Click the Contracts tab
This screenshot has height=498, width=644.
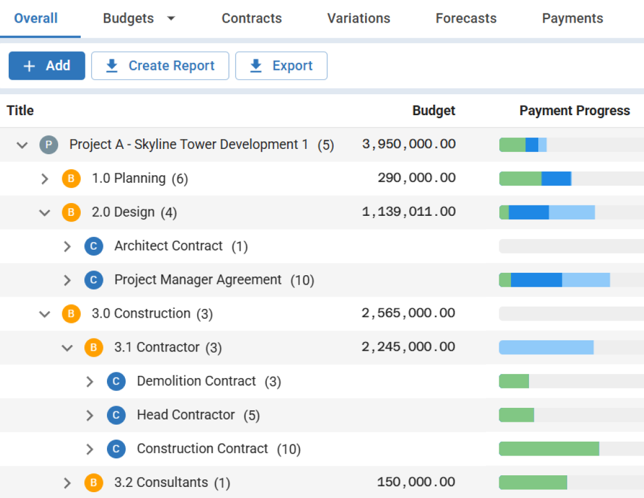point(252,19)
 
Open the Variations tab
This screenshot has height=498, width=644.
point(359,19)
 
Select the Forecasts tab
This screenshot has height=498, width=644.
point(466,19)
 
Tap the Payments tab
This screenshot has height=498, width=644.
point(572,19)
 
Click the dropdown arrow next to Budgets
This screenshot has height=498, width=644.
point(171,19)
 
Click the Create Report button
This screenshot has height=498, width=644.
point(160,66)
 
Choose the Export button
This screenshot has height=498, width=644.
point(281,66)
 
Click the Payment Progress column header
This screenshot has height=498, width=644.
point(574,111)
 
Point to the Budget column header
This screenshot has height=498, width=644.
point(434,111)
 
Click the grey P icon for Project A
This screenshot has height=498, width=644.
point(49,144)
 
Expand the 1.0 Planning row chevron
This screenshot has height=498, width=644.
point(45,179)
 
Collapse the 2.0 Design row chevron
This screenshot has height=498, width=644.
point(45,212)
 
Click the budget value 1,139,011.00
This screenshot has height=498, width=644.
point(409,212)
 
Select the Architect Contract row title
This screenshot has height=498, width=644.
point(169,246)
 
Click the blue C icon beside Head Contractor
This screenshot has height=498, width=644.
point(116,415)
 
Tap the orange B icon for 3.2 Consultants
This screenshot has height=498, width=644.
point(94,482)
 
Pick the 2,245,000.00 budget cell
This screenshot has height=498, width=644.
point(409,347)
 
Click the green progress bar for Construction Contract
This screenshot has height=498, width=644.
point(549,449)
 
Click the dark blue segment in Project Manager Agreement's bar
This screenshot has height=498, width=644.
point(536,280)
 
